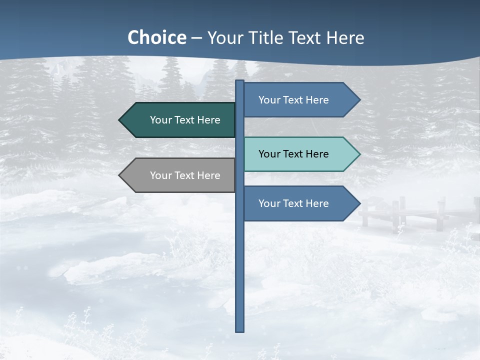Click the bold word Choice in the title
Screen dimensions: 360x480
(x=156, y=37)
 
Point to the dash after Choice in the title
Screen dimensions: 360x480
(x=196, y=38)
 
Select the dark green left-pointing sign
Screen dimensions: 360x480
(x=180, y=120)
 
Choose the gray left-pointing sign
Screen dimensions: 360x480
(x=180, y=175)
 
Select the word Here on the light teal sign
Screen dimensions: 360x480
(x=317, y=154)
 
